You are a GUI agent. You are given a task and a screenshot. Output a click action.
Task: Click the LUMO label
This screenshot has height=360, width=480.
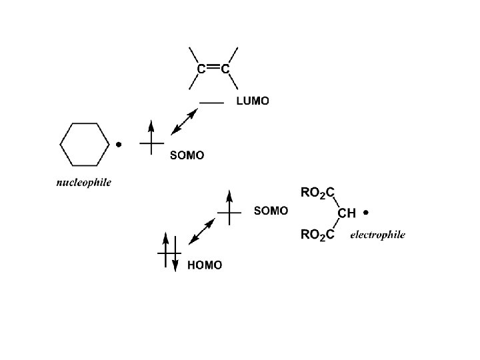point(253,102)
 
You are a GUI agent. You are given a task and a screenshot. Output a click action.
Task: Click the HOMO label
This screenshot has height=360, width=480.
point(205,265)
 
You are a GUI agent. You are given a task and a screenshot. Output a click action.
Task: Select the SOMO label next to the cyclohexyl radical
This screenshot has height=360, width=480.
point(187,155)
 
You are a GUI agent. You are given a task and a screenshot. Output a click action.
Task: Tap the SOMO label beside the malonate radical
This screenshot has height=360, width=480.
point(271,211)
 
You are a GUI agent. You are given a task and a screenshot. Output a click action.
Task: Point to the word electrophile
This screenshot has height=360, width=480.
point(377,235)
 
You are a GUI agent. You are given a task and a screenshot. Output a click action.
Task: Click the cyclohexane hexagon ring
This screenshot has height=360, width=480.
point(85,143)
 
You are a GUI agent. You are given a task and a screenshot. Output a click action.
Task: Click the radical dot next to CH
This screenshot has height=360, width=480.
point(367,213)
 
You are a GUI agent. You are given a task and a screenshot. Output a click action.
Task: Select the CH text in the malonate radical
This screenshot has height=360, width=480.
point(347,213)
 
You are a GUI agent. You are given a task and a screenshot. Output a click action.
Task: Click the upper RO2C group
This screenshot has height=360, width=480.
point(317,193)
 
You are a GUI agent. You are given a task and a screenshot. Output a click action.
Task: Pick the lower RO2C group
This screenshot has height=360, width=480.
point(317,234)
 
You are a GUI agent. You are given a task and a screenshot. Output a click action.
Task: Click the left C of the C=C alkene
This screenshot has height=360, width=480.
point(201,68)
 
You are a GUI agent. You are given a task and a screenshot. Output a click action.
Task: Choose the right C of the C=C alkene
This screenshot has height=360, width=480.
point(226,68)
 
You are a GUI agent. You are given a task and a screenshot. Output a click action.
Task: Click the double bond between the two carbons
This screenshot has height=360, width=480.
point(213,67)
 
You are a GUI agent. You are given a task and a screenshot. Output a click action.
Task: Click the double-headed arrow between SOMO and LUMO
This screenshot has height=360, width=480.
point(185,122)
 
